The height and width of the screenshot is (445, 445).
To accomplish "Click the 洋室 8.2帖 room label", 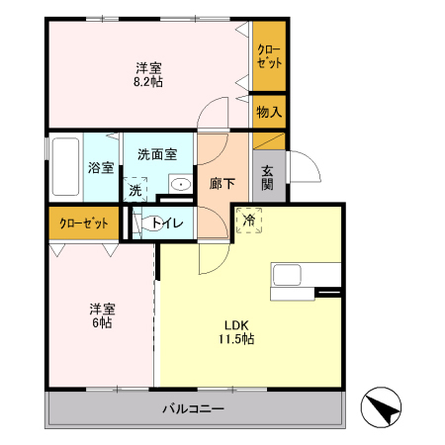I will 149,75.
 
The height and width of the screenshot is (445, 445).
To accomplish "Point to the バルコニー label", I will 194,408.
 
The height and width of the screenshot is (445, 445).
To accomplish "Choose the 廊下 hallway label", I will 222,183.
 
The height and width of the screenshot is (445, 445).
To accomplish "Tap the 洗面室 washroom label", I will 156,154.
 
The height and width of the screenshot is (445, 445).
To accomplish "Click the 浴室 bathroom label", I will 100,167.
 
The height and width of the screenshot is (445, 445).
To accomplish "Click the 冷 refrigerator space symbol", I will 249,221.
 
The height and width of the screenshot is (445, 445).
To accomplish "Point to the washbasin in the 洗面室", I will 180,184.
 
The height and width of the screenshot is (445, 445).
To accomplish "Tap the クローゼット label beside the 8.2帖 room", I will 268,56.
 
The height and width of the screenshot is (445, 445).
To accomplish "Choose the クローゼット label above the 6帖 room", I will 83,222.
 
